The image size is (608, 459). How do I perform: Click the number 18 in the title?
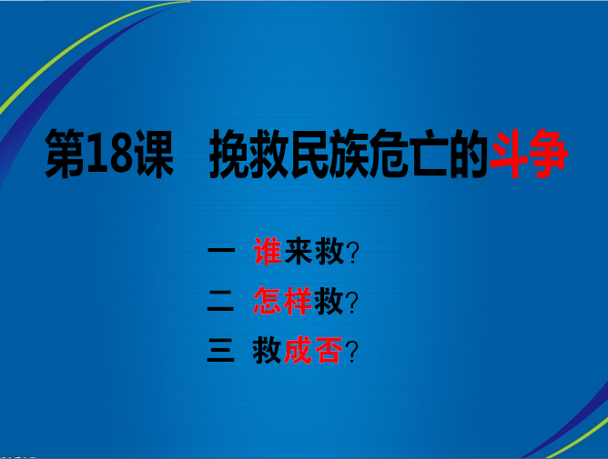coord(108,155)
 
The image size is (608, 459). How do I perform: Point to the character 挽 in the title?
coord(228,155)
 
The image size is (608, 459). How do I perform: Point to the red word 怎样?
coord(283,302)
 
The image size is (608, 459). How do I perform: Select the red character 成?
coord(299,350)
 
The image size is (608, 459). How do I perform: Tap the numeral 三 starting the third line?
coord(220,350)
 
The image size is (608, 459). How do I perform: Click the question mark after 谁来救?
coord(353,254)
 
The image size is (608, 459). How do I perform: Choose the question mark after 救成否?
coord(353,351)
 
